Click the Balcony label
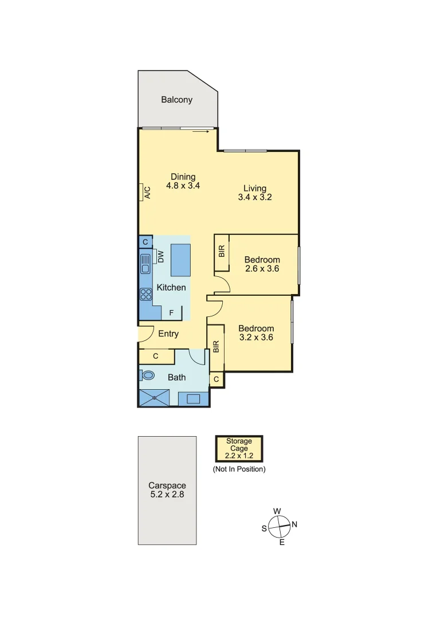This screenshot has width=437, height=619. tap(176, 100)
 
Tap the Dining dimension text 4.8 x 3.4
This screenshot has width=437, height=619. tap(183, 186)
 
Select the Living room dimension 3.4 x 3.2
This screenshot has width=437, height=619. tap(254, 197)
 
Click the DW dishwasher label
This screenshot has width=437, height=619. tap(161, 257)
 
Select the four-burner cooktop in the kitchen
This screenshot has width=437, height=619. tap(145, 294)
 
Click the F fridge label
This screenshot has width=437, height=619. tap(171, 313)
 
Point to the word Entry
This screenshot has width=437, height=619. tap(168, 334)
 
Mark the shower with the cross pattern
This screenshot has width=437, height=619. tap(155, 397)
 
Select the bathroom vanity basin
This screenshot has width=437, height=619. tap(193, 399)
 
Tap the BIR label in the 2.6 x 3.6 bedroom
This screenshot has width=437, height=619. tap(222, 251)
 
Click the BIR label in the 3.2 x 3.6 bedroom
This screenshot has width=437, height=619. tap(216, 347)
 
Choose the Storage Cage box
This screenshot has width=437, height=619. tap(239, 449)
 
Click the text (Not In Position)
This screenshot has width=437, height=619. tap(239, 469)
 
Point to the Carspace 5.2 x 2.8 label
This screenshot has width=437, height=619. tap(167, 489)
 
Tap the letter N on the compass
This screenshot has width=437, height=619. tap(294, 524)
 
